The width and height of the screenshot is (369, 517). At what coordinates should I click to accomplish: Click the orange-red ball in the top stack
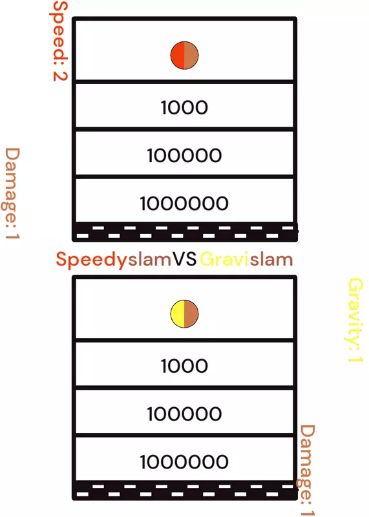(x=184, y=56)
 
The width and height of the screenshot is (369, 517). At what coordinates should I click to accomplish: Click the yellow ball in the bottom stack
(x=184, y=314)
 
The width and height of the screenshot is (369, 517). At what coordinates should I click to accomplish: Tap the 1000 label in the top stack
(x=184, y=107)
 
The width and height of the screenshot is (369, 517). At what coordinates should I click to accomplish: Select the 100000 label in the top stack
(x=184, y=155)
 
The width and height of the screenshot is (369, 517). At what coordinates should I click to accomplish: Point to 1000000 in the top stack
(x=184, y=203)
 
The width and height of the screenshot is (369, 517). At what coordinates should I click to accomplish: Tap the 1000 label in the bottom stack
(x=184, y=366)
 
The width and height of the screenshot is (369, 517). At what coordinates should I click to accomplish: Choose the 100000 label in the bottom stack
(x=184, y=414)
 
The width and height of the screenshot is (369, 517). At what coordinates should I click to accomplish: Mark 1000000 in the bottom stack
(x=184, y=461)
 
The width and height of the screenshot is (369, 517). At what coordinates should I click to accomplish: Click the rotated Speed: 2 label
(x=59, y=41)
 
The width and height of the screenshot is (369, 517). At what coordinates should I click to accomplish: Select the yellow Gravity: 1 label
(x=355, y=320)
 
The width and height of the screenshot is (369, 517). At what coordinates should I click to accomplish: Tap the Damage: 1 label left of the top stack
(x=12, y=193)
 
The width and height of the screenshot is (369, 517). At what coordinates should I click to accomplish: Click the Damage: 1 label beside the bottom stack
(x=307, y=470)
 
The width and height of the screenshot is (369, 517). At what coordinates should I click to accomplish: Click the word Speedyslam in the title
(x=114, y=260)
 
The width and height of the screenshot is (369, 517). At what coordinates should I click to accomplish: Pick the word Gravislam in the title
(x=246, y=260)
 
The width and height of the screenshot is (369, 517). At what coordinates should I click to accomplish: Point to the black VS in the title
(x=185, y=259)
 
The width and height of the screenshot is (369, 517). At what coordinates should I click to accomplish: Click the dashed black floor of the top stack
(x=185, y=232)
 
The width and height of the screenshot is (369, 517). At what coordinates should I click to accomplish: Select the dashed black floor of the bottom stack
(x=185, y=491)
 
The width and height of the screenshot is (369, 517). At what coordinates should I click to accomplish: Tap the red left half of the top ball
(x=178, y=56)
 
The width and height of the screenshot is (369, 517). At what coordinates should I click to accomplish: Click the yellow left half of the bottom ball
(x=178, y=314)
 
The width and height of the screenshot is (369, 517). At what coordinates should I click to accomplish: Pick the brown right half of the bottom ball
(x=191, y=314)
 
